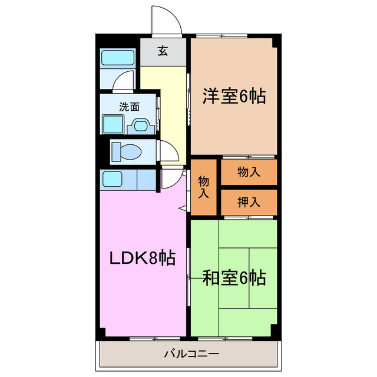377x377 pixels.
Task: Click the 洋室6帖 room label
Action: pyautogui.click(x=234, y=96)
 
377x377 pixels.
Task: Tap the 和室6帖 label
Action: pyautogui.click(x=234, y=277)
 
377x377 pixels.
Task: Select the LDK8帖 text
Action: pyautogui.click(x=142, y=257)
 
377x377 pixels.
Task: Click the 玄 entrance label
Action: pyautogui.click(x=163, y=51)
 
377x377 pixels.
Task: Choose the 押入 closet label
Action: pyautogui.click(x=249, y=203)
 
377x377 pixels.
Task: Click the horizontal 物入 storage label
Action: pyautogui.click(x=249, y=172)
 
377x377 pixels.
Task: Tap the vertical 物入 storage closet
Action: pyautogui.click(x=204, y=186)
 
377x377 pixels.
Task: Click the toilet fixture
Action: pyautogui.click(x=126, y=151)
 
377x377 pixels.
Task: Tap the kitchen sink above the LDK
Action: pyautogui.click(x=111, y=179)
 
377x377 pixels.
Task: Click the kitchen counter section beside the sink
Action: pyautogui.click(x=146, y=179)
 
